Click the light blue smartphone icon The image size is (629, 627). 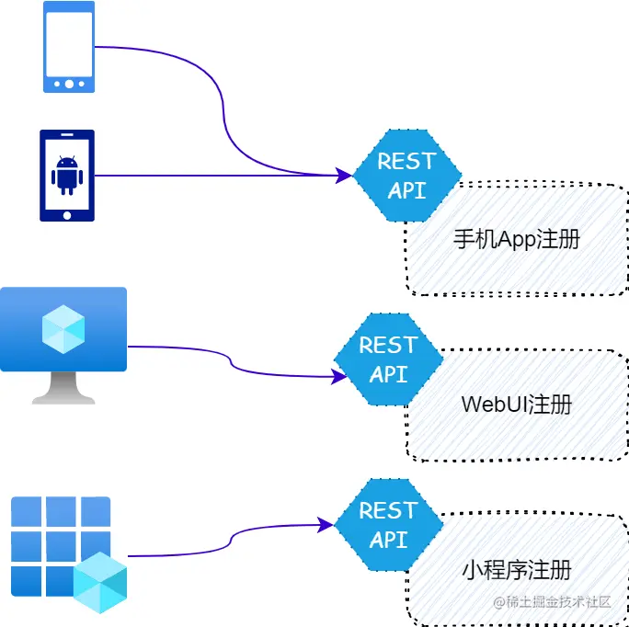[x=68, y=47]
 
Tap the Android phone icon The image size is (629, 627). [x=66, y=175]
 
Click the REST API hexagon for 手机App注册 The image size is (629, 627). [x=407, y=176]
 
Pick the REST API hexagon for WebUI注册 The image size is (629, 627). [x=388, y=359]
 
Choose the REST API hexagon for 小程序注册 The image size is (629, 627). [x=388, y=524]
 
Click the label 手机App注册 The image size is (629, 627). [x=517, y=240]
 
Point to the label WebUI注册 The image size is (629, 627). [x=516, y=405]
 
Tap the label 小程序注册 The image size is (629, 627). [x=516, y=570]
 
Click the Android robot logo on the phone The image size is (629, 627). [x=66, y=175]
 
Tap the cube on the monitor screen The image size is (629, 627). [x=63, y=328]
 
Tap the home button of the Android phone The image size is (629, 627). [x=66, y=214]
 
